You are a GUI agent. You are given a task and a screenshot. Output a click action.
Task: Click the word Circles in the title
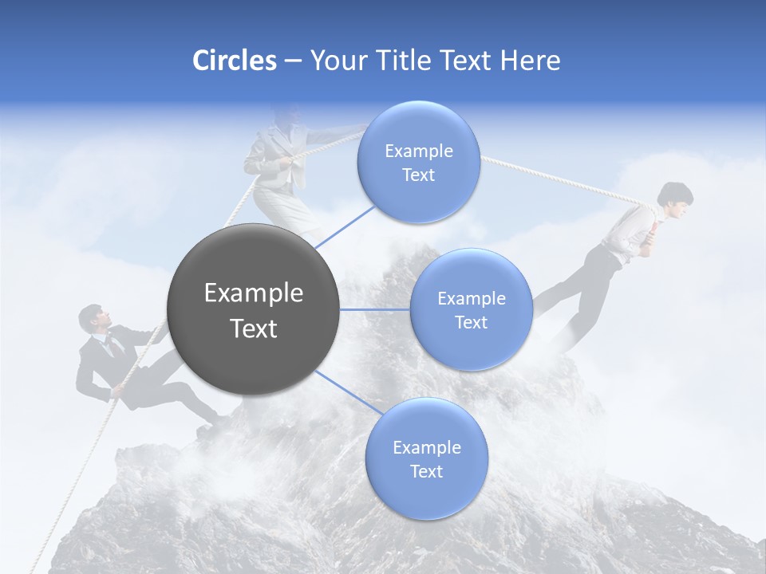click(234, 61)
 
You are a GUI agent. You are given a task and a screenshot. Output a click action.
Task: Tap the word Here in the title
click(530, 61)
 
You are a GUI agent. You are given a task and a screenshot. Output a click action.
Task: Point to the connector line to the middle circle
click(375, 309)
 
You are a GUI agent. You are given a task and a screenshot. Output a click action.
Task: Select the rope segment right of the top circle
click(559, 180)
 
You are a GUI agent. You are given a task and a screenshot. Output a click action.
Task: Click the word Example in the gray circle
click(253, 293)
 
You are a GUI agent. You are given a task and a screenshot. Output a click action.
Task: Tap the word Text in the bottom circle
click(426, 471)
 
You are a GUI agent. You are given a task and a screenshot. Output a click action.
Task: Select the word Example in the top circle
click(418, 151)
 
